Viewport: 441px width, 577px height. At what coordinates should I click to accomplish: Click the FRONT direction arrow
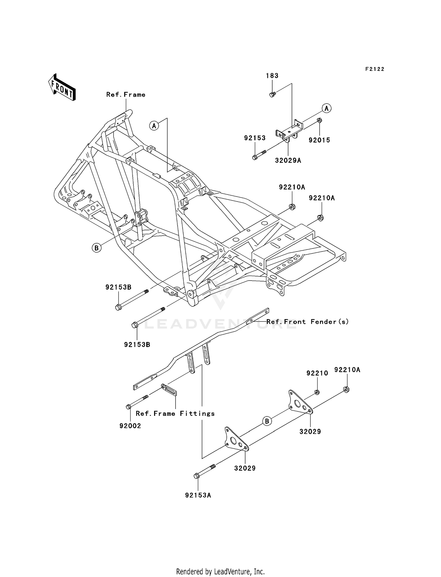coord(62,87)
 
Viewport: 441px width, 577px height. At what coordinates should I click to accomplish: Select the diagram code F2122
coord(375,69)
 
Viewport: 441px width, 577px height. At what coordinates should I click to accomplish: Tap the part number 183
coord(272,76)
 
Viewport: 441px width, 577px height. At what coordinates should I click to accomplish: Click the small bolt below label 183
coord(272,95)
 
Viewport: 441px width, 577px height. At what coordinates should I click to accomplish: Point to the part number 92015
coord(319,140)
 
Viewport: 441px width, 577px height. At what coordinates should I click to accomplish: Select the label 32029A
coord(288,161)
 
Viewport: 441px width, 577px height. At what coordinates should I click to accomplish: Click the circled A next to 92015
coord(326,108)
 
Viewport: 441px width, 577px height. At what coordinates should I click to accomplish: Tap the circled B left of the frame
coord(96,248)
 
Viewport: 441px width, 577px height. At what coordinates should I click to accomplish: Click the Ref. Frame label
coord(126,95)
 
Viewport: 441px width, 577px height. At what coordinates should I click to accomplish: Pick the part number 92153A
coord(198,495)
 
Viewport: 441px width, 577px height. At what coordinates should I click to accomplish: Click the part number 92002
coord(130,426)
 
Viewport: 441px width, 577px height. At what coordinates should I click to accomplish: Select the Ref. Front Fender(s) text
coord(308,322)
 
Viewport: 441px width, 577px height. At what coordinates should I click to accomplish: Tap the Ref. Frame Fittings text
coord(175,413)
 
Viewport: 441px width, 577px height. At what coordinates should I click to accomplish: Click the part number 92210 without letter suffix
coord(317,373)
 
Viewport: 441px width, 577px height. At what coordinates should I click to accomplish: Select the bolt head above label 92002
coord(128,407)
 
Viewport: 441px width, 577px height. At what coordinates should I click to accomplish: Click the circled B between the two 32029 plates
coord(267,421)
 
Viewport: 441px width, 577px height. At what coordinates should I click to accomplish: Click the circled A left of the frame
coord(154,126)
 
